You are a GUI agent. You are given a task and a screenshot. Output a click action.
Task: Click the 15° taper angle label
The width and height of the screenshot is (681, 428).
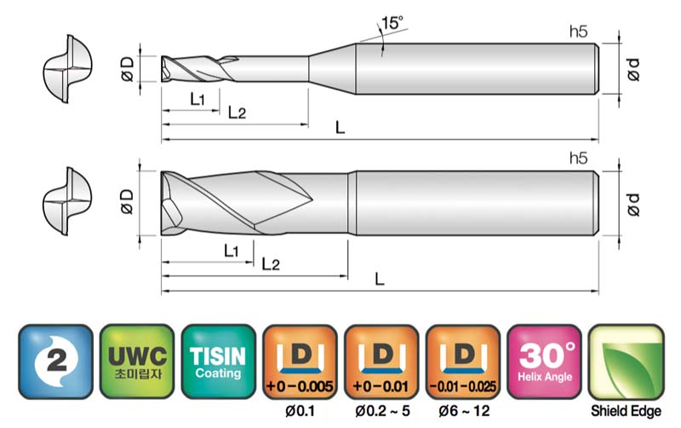point(392,22)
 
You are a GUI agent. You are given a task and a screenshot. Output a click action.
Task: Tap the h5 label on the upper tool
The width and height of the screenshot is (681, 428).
point(578,32)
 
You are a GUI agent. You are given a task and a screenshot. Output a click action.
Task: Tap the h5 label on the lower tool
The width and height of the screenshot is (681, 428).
point(578,158)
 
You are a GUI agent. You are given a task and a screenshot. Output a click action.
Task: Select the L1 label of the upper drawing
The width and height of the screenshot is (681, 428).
point(197,99)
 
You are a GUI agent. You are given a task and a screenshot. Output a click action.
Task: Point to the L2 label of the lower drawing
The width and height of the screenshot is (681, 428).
point(271,263)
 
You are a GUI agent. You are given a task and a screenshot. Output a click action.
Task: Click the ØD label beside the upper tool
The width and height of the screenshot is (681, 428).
point(127,70)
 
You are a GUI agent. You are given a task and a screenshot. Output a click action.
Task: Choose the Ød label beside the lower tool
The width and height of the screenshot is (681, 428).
point(633,205)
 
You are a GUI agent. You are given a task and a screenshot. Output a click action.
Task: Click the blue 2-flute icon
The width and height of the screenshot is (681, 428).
point(55,361)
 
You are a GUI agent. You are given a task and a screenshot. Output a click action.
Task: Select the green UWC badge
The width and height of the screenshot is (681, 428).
point(137,361)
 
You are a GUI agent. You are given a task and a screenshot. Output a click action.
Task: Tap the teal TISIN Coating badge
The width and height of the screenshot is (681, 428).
point(218,361)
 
